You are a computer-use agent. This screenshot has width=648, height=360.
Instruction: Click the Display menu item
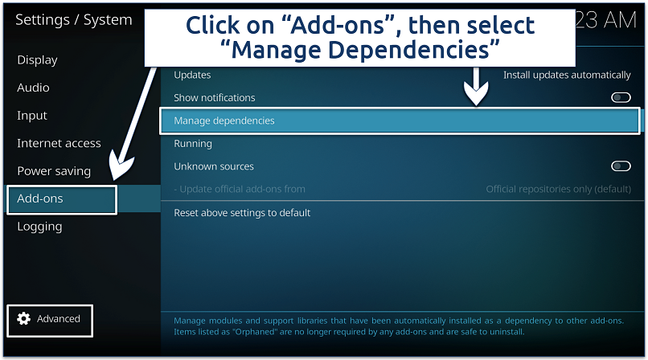pos(37,59)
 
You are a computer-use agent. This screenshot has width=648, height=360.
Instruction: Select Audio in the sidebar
pos(33,88)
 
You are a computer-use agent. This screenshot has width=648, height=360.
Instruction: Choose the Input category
pos(32,116)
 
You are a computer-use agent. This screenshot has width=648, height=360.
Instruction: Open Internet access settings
pos(59,143)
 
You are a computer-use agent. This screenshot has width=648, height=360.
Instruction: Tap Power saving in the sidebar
pos(54,171)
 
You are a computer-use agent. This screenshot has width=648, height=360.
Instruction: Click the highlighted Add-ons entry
pos(40,198)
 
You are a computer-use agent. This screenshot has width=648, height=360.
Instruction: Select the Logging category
pos(39,227)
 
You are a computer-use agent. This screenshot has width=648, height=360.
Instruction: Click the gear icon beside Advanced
pos(23,319)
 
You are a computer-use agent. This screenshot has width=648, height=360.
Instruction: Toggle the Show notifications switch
pos(621,98)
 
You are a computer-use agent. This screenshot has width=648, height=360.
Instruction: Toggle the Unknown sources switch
pos(621,166)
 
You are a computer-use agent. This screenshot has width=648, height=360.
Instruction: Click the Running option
pos(193,144)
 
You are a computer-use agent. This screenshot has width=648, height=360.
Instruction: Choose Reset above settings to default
pos(242,213)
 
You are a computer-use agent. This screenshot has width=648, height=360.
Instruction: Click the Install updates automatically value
pos(567,75)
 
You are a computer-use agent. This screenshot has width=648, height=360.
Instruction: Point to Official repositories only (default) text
pos(558,190)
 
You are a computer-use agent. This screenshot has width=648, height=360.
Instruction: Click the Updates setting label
pos(192,75)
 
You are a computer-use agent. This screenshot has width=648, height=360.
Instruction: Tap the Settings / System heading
pos(73,20)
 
